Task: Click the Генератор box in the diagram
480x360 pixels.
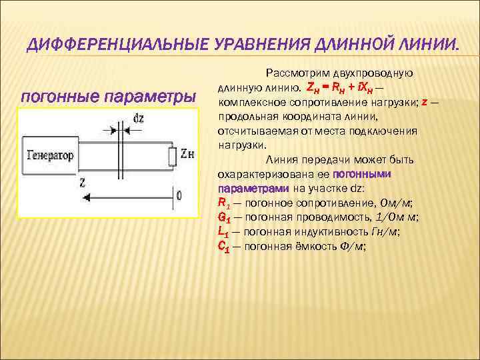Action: click(x=49, y=155)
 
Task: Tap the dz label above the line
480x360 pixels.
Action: click(x=138, y=119)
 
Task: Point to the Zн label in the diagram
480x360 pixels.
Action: click(x=187, y=155)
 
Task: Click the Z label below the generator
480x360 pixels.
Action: click(x=81, y=180)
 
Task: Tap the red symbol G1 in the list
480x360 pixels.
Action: click(x=224, y=217)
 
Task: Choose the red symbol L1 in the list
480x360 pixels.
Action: click(x=223, y=231)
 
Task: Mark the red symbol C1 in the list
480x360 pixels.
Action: click(x=224, y=246)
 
